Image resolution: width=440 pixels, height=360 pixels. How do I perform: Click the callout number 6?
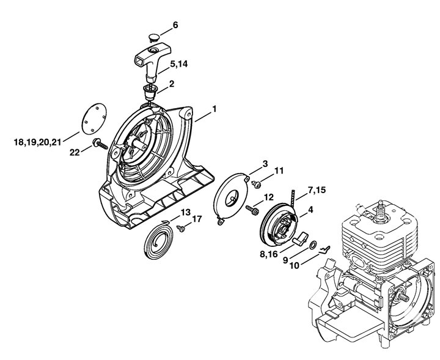click(x=175, y=25)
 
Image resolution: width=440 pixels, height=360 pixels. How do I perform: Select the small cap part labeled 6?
click(x=153, y=37)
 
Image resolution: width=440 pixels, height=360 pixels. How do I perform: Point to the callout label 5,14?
click(x=178, y=64)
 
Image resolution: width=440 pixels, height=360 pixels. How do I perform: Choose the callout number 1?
click(x=215, y=109)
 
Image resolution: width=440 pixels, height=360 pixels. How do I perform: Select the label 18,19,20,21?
click(x=38, y=142)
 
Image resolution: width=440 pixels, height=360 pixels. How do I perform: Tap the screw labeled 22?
click(x=100, y=144)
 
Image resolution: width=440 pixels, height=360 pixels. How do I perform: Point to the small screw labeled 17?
click(x=181, y=228)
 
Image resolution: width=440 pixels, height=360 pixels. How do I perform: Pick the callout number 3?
click(x=265, y=164)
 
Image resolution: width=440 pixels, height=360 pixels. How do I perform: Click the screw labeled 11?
click(x=257, y=185)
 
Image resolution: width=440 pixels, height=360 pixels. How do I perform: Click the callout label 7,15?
click(x=317, y=190)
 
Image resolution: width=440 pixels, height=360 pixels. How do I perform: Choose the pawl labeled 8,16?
click(x=300, y=238)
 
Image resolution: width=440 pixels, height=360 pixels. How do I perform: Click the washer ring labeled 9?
click(x=313, y=244)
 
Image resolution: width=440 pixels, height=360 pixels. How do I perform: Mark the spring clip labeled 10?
click(x=324, y=249)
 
